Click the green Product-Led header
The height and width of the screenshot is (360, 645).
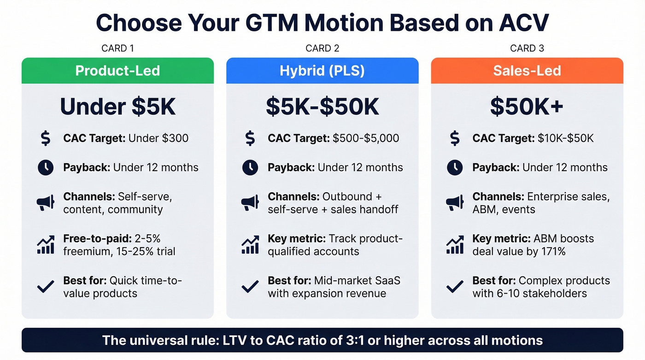[x=117, y=71]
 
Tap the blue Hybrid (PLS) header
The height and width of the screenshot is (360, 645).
[x=322, y=71]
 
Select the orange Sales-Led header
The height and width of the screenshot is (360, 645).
[x=527, y=71]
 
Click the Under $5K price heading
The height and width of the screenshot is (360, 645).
[x=117, y=106]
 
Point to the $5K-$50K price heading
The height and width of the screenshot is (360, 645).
[x=322, y=106]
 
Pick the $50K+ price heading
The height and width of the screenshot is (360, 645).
[x=527, y=106]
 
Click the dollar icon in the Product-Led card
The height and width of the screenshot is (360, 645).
[x=45, y=138]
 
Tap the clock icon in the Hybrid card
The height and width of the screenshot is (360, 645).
[x=250, y=168]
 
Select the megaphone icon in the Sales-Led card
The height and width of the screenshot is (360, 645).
[x=454, y=203]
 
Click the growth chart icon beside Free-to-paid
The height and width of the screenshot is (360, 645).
[x=45, y=245]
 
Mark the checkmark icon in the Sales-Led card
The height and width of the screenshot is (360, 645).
[x=454, y=287]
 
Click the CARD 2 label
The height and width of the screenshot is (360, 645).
[x=322, y=48]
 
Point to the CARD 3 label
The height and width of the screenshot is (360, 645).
[x=527, y=48]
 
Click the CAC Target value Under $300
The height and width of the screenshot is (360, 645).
[x=158, y=138]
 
